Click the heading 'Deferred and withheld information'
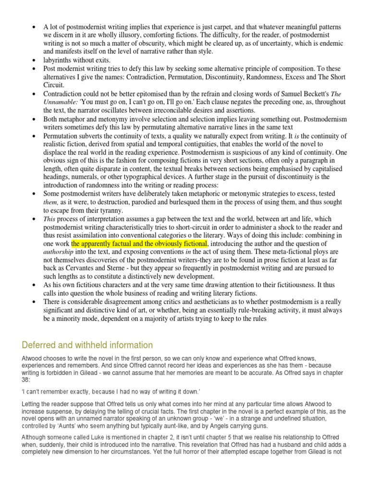click(87, 345)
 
